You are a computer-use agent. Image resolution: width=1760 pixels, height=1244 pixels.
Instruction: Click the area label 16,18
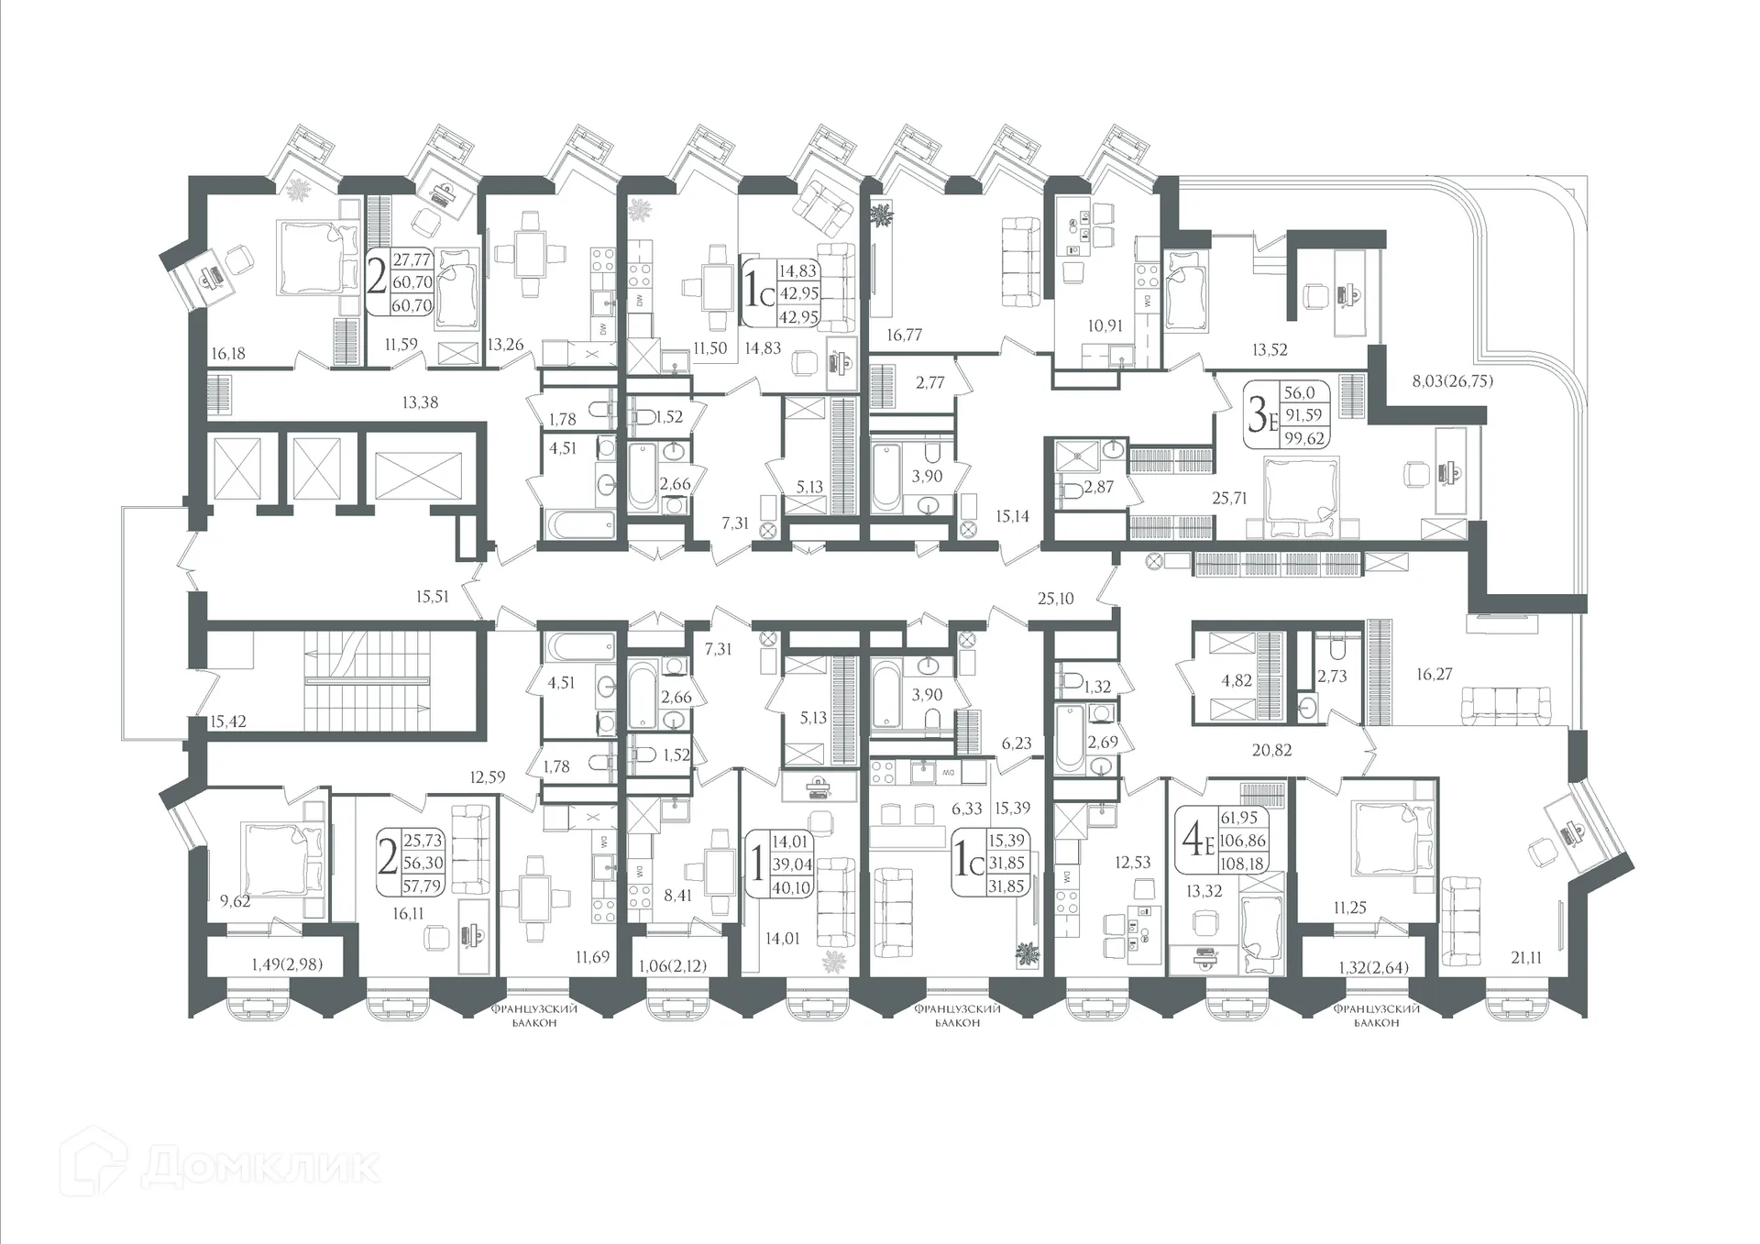tap(227, 354)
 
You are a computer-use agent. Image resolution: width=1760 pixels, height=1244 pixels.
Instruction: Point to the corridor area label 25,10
tap(1055, 599)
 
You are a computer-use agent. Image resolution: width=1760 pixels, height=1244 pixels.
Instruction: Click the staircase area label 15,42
tap(227, 721)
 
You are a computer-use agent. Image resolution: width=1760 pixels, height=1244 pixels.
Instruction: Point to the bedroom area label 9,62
tap(235, 901)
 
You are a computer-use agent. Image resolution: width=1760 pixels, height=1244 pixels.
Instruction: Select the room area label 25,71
tap(1230, 499)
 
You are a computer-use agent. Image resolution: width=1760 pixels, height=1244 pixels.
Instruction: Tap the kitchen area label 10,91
tap(1105, 325)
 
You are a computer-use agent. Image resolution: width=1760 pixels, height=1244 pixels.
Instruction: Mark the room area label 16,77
tap(904, 336)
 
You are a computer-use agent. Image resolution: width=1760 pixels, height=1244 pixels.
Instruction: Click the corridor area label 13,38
tap(420, 402)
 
